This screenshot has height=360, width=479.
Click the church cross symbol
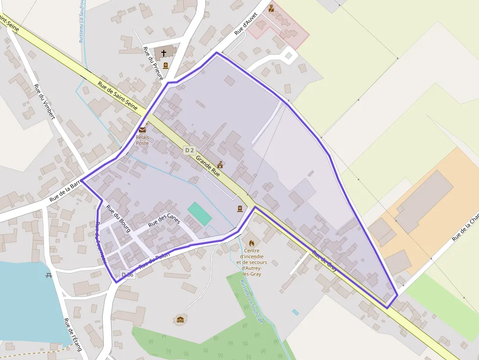[163, 53]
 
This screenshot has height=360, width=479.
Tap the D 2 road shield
[190, 150]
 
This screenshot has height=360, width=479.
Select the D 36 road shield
[127, 275]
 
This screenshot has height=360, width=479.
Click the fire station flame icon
[252, 243]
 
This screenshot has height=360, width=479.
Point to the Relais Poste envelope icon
[142, 129]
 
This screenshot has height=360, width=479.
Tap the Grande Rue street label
[208, 166]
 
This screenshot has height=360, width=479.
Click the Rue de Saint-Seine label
[117, 95]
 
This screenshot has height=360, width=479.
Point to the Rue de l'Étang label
[72, 335]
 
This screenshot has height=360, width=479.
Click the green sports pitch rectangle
[200, 213]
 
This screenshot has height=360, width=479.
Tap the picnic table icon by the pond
[49, 275]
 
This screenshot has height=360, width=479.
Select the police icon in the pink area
[271, 8]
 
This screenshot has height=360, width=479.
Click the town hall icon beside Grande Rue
[220, 165]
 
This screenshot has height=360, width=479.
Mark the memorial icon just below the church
[166, 65]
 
